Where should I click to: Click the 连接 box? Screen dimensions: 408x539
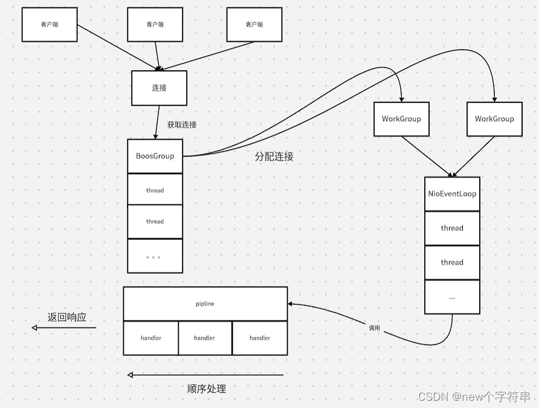159,88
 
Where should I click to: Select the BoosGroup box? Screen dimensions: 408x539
155,156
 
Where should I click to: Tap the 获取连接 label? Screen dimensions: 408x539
182,125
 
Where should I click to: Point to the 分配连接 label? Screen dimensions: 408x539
274,156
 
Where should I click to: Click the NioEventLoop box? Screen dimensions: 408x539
452,194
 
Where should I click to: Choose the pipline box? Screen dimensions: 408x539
205,303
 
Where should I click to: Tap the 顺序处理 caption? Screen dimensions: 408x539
207,389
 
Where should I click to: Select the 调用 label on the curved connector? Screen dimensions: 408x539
375,328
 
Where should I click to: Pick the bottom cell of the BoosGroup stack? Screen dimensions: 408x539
155,256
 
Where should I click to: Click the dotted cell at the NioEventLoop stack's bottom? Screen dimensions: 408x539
452,297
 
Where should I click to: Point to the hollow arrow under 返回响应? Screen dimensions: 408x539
63,328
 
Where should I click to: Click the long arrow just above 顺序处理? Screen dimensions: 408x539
205,375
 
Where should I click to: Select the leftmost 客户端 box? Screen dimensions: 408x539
50,25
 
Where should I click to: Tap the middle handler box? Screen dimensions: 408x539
205,338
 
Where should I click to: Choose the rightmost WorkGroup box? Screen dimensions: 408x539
494,118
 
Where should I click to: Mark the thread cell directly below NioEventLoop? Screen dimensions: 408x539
452,228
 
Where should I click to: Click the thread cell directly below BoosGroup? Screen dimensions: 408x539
155,190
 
